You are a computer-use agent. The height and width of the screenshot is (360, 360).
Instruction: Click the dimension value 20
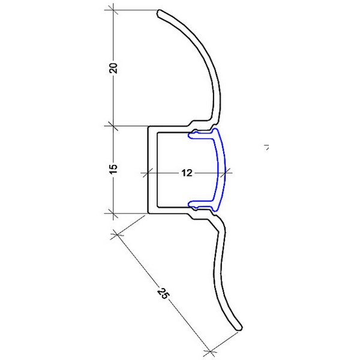pyautogui.click(x=113, y=68)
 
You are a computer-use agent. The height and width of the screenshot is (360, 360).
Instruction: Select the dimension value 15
pyautogui.click(x=113, y=169)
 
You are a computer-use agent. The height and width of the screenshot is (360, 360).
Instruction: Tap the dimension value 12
pyautogui.click(x=187, y=173)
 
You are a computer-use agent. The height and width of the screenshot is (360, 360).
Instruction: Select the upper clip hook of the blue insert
pyautogui.click(x=192, y=136)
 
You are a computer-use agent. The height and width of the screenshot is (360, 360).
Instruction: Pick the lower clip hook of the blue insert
pyautogui.click(x=192, y=203)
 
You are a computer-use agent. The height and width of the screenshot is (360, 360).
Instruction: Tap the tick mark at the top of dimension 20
pyautogui.click(x=113, y=10)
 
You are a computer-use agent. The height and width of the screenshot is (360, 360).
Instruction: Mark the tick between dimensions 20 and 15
pyautogui.click(x=113, y=126)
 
